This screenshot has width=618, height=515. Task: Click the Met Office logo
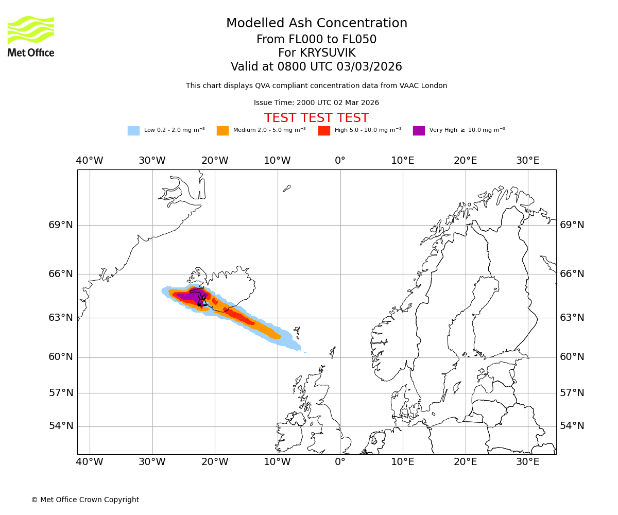point(31,36)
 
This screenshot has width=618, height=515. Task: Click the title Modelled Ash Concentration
point(316,24)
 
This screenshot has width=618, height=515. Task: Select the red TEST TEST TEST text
point(316,118)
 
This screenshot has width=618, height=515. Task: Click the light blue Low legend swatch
point(133,131)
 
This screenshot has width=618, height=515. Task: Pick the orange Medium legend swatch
point(222,131)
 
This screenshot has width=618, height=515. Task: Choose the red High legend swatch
point(324,131)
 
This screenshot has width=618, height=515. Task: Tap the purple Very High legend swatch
point(419,131)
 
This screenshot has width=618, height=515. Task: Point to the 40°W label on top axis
point(90,161)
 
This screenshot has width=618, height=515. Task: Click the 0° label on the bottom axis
point(340,462)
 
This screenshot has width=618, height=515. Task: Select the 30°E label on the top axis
point(528,161)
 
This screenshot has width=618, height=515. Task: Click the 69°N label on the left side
point(61,225)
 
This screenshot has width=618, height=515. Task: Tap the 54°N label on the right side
point(572,426)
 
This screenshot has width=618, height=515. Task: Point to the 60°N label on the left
point(61,357)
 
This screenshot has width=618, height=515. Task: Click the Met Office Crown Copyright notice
point(85,500)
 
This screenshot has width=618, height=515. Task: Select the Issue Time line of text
point(316,103)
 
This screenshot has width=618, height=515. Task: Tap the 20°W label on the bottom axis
point(215,462)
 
